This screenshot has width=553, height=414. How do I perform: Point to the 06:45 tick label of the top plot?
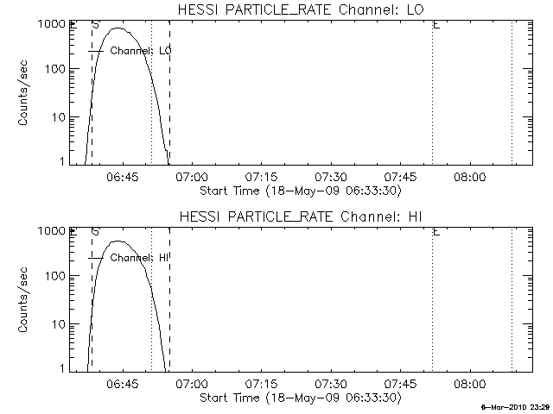(122, 178)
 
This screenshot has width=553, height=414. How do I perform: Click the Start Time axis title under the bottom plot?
(299, 398)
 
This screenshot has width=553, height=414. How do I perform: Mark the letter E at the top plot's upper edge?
(436, 25)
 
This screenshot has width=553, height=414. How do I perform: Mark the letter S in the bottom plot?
(95, 231)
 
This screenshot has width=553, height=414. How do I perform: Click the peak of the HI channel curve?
(118, 241)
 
